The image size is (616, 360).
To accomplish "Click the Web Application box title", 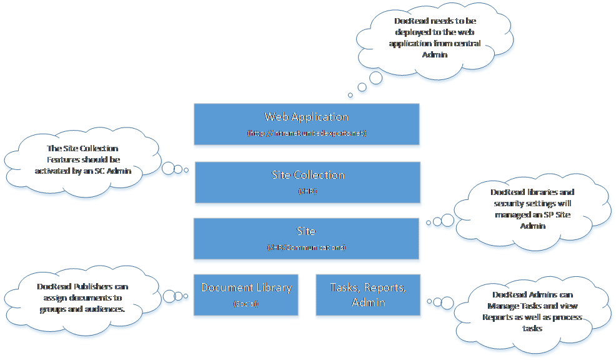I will coord(307,117).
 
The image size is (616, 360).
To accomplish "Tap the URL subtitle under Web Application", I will coord(307,133).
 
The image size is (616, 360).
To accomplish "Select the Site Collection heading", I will coord(308,175).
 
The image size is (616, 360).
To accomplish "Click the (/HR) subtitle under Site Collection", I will coord(307,191).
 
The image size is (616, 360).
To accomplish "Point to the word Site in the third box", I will coord(306,231).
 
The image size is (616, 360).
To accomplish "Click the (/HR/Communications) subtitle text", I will coord(306,247).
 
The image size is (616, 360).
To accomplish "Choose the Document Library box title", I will coord(246,287).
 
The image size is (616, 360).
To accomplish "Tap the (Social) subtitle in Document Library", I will coord(246,304).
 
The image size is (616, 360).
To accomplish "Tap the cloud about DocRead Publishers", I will coord(82,297).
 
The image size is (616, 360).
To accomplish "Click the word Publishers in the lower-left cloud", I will coord(94,287).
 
